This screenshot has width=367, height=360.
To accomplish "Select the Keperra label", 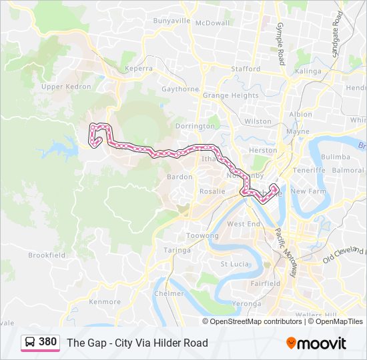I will tap(138, 68).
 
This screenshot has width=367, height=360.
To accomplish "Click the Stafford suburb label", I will tap(245, 69).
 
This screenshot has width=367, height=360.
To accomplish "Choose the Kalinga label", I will tap(308, 71).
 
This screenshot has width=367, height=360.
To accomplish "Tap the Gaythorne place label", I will tap(179, 89).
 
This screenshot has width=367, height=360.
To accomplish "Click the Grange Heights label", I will tap(230, 95).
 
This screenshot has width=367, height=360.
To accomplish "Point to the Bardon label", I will tap(179, 177).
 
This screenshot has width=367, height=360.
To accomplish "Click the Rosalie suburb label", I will tap(212, 191).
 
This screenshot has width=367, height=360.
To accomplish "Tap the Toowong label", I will tap(202, 236).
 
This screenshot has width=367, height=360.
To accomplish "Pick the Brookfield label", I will tap(46, 255).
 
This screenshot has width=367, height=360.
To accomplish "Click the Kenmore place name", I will tap(105, 301).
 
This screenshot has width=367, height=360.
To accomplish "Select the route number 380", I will tap(48, 342).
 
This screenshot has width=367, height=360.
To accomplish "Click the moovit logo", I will tap(316, 343).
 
